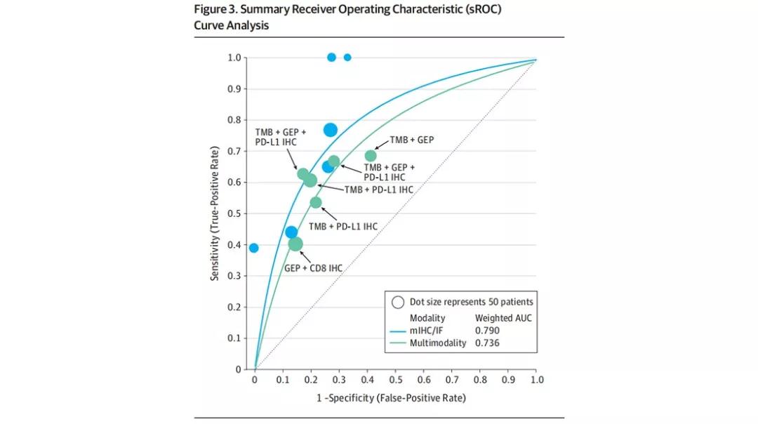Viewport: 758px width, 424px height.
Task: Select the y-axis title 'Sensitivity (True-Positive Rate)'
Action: [216, 213]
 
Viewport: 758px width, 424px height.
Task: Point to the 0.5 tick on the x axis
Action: [395, 380]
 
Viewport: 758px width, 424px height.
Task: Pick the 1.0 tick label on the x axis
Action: [537, 380]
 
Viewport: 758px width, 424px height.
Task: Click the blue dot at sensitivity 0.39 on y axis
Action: [254, 248]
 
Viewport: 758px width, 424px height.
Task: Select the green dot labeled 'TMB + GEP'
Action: [371, 156]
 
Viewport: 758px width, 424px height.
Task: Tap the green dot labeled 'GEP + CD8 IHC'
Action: [295, 244]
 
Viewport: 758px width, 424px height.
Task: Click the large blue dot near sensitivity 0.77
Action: [331, 130]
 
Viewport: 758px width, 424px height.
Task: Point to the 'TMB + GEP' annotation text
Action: [412, 140]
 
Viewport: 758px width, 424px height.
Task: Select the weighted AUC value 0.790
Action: [487, 331]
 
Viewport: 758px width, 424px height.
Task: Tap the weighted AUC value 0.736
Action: [487, 343]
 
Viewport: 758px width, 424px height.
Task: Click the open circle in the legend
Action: [398, 303]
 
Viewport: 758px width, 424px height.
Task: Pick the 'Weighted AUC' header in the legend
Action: [503, 318]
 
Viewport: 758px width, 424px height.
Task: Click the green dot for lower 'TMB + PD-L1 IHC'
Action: [316, 203]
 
